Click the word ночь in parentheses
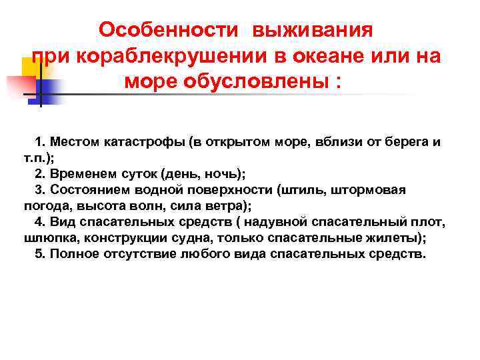pos(219,174)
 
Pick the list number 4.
pos(38,223)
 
